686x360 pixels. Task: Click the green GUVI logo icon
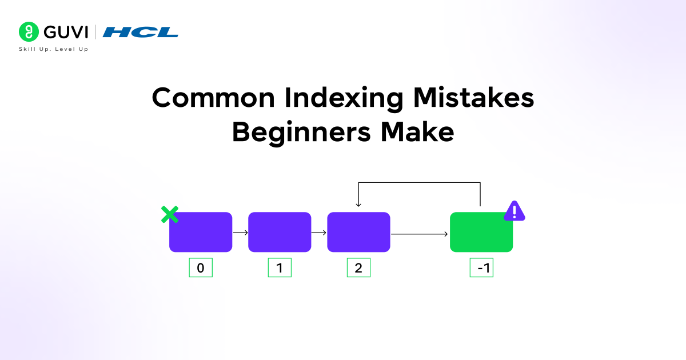(x=28, y=31)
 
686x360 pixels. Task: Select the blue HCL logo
(x=141, y=32)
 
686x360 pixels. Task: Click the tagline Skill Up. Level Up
(x=54, y=50)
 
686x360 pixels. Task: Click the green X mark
(x=169, y=215)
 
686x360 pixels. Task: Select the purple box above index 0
(x=201, y=232)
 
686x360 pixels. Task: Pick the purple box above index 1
(x=280, y=232)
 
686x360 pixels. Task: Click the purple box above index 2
(x=358, y=232)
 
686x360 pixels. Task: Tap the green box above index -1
(x=481, y=232)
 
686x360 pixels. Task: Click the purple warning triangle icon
(x=514, y=211)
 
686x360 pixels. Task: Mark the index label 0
(x=201, y=268)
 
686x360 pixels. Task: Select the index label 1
(x=280, y=268)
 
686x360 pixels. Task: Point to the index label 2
(x=358, y=268)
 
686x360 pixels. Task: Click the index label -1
(x=481, y=268)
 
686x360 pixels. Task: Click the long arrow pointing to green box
(x=420, y=234)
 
